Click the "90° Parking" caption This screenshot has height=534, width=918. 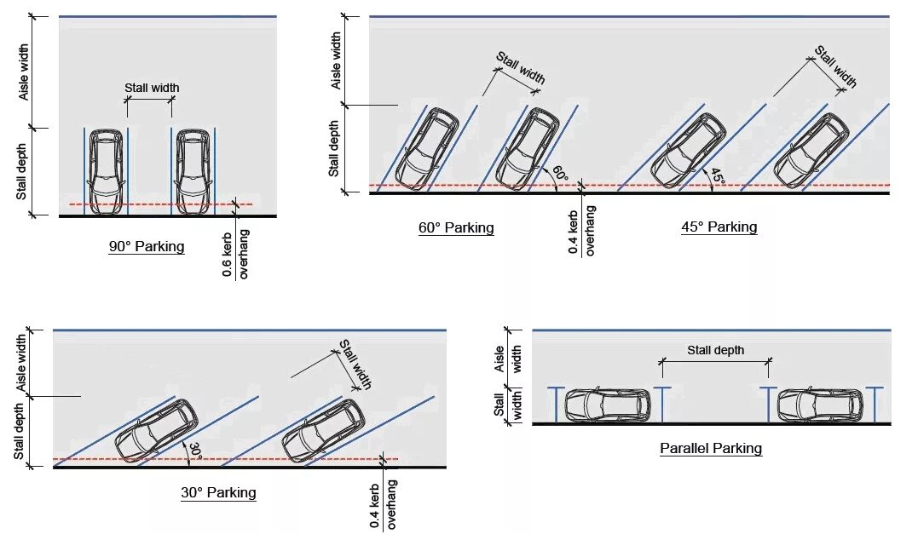click(146, 247)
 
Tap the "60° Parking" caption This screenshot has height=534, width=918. click(456, 227)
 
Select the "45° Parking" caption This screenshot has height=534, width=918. click(719, 227)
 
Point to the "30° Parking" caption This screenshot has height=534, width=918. click(218, 492)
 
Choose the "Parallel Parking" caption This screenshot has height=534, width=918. click(711, 448)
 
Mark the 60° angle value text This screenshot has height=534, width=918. click(560, 174)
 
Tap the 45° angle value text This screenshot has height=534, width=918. click(717, 176)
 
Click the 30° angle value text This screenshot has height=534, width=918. click(195, 451)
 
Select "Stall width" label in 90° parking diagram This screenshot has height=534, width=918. click(152, 88)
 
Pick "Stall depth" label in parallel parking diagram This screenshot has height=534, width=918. click(716, 350)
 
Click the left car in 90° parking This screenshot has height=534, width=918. click(106, 170)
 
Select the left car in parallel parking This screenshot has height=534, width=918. click(608, 405)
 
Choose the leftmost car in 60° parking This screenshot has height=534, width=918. click(428, 148)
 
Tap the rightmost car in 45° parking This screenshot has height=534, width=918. click(811, 151)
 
